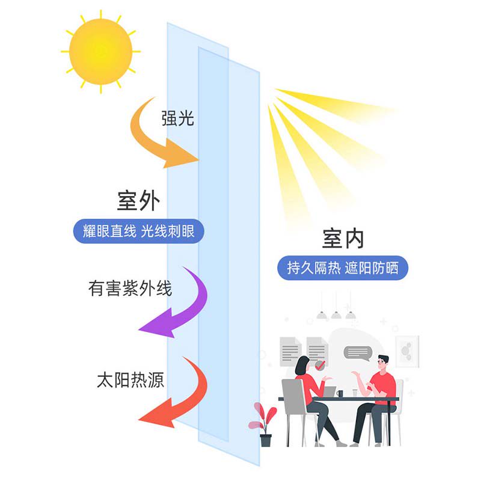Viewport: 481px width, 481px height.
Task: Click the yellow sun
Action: point(100,51)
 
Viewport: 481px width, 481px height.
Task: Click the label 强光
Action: point(177,118)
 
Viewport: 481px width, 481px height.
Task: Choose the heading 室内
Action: point(343,239)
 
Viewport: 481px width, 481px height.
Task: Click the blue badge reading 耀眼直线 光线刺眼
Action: point(138,231)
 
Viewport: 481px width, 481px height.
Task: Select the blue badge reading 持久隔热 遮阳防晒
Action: point(343,268)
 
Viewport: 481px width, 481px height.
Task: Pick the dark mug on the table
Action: point(340,393)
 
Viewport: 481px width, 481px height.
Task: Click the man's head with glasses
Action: point(383,363)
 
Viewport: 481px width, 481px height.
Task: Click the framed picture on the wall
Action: point(406,351)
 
